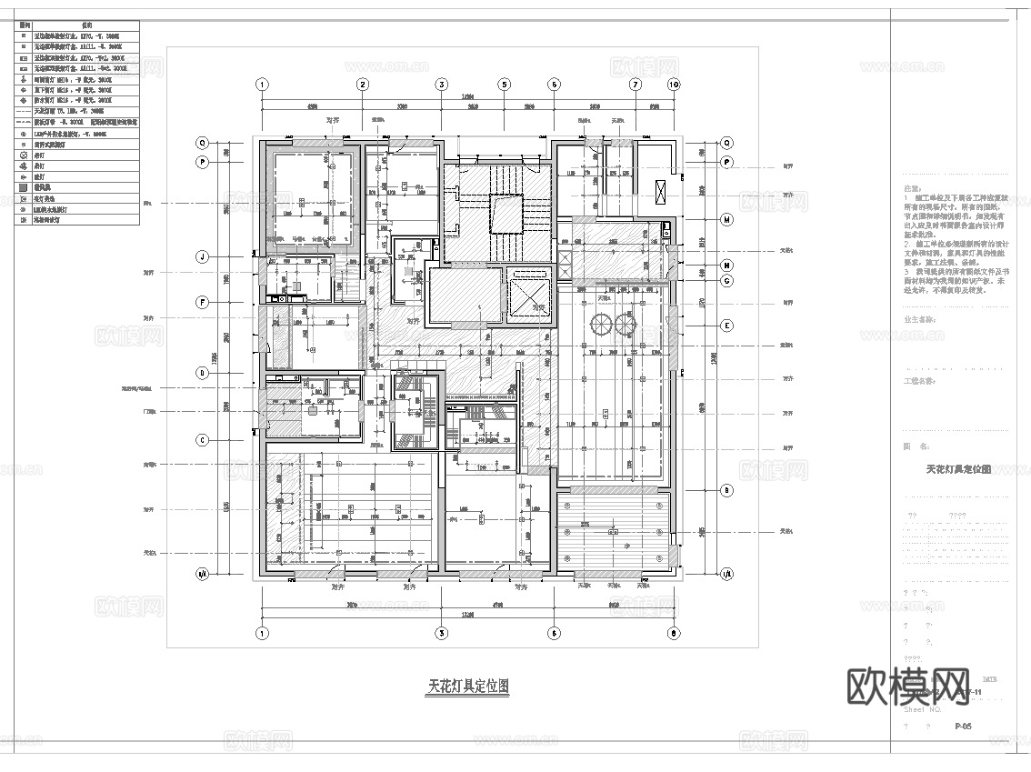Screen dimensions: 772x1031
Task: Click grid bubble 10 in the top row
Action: pyautogui.click(x=674, y=85)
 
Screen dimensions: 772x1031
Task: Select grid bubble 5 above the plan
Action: pyautogui.click(x=502, y=85)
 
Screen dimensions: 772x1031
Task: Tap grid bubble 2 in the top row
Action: pyautogui.click(x=362, y=85)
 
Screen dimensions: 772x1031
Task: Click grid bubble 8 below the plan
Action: pyautogui.click(x=674, y=634)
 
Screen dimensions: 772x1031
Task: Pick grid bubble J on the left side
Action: pyautogui.click(x=203, y=257)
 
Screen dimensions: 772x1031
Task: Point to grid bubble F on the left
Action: pyautogui.click(x=203, y=302)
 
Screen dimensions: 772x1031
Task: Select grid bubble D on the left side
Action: pyautogui.click(x=203, y=372)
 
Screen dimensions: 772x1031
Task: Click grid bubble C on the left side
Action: pyautogui.click(x=203, y=441)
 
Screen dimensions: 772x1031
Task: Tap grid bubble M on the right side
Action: pyautogui.click(x=727, y=220)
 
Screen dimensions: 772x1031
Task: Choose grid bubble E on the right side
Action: pyautogui.click(x=727, y=326)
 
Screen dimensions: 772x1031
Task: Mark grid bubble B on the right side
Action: pyautogui.click(x=727, y=491)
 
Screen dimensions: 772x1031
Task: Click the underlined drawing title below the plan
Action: pyautogui.click(x=468, y=687)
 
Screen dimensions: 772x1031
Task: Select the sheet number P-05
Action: pyautogui.click(x=966, y=727)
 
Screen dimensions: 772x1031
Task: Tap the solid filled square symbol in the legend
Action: pyautogui.click(x=24, y=187)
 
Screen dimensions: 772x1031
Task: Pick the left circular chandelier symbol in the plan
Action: pyautogui.click(x=601, y=325)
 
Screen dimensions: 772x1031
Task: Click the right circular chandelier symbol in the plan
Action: pyautogui.click(x=625, y=325)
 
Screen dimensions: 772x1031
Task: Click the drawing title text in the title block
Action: pyautogui.click(x=957, y=469)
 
